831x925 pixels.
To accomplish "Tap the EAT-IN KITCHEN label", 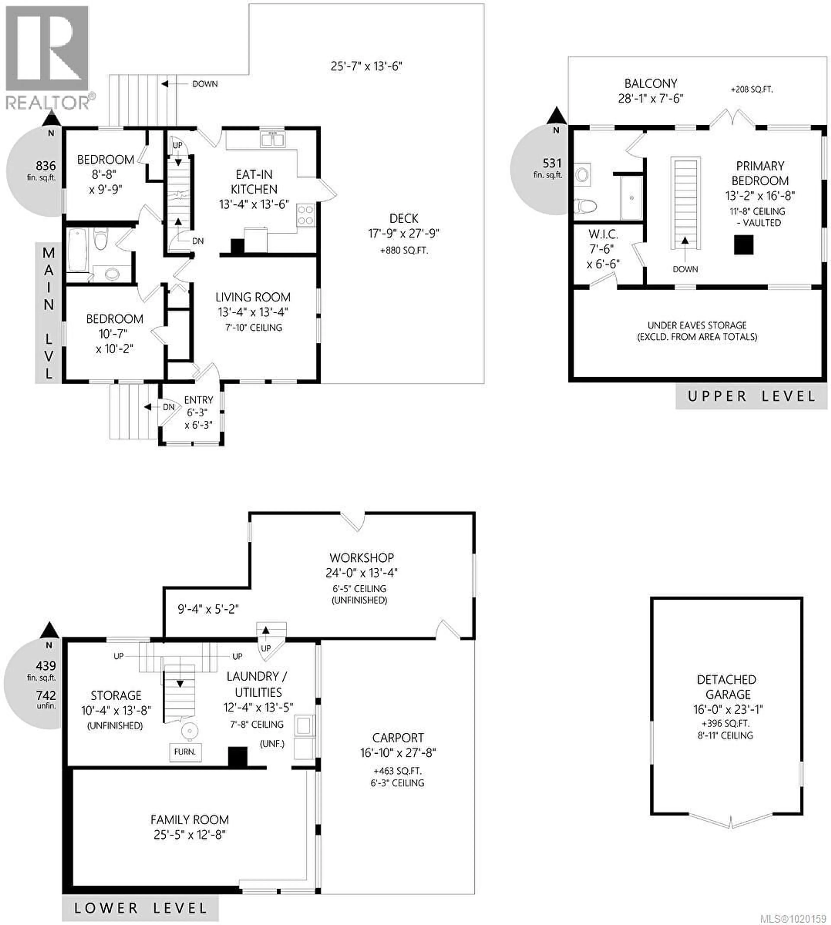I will click(x=254, y=182).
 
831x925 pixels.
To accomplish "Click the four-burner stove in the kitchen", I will click(x=306, y=215).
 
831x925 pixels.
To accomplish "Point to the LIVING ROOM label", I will click(x=253, y=297).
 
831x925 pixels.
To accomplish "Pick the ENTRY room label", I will click(x=199, y=400).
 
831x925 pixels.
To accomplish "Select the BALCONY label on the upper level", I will click(x=651, y=84).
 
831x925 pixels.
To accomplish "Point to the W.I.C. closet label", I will click(x=603, y=235).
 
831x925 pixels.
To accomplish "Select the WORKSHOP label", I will click(x=362, y=558).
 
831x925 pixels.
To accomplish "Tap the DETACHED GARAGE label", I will click(x=726, y=687).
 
